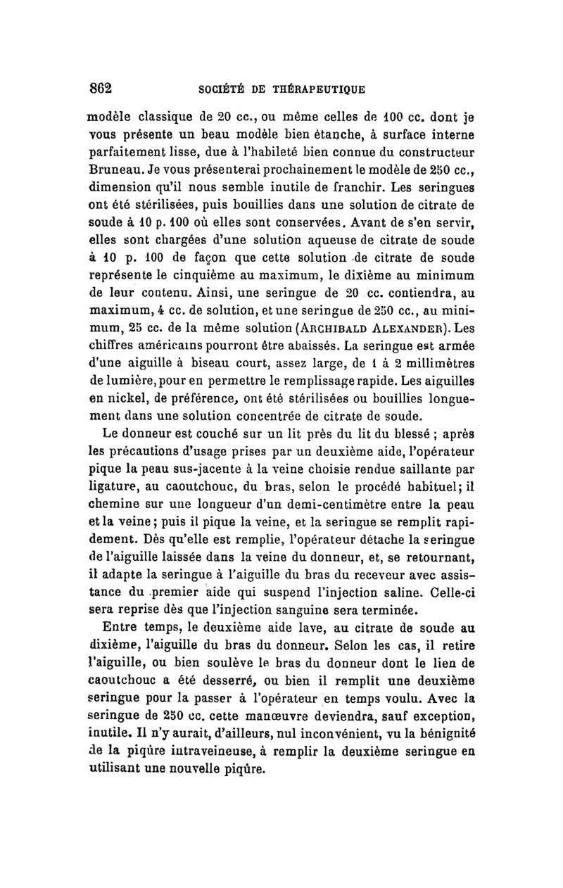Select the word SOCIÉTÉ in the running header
pos(218,89)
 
